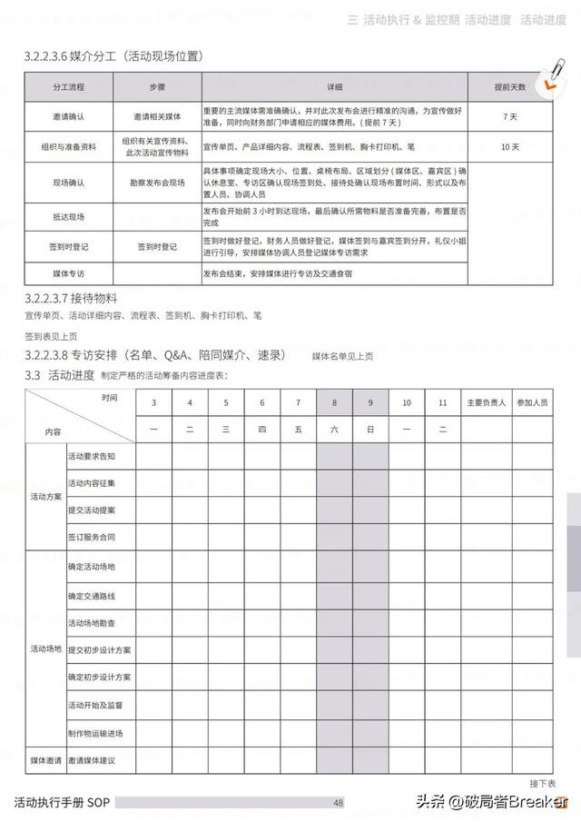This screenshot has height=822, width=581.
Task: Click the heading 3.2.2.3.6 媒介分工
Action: pyautogui.click(x=113, y=56)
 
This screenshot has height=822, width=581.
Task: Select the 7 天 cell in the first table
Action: pyautogui.click(x=509, y=117)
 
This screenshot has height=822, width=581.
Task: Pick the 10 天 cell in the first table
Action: pyautogui.click(x=509, y=146)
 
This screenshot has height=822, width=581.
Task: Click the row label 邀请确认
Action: pyautogui.click(x=70, y=117)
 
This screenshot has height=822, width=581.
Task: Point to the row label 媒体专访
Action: pyautogui.click(x=70, y=272)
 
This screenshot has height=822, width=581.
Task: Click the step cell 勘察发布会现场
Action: pyautogui.click(x=156, y=183)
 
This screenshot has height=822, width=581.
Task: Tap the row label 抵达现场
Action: pyautogui.click(x=70, y=216)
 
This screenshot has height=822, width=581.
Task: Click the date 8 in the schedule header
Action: pyautogui.click(x=334, y=402)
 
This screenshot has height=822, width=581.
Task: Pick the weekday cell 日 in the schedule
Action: pyautogui.click(x=370, y=430)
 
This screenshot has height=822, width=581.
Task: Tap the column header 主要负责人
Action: pyautogui.click(x=487, y=402)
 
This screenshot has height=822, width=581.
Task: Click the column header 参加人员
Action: pyautogui.click(x=531, y=402)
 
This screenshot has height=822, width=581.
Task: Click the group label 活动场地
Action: pyautogui.click(x=46, y=649)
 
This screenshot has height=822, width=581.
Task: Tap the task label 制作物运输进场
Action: pyautogui.click(x=95, y=733)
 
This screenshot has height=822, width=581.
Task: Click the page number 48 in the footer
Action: pyautogui.click(x=338, y=803)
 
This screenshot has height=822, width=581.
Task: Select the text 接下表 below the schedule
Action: pyautogui.click(x=542, y=783)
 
